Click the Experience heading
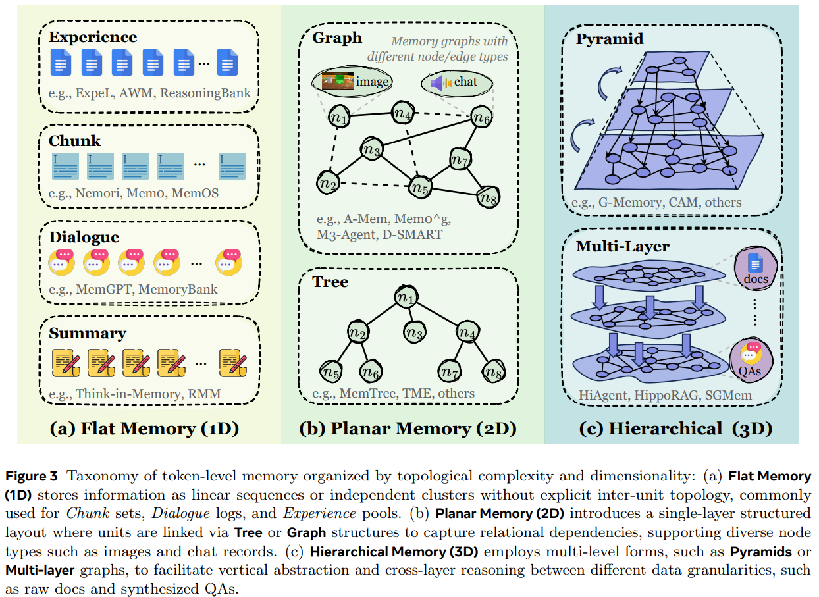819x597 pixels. click(93, 37)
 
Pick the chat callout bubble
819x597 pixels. click(458, 82)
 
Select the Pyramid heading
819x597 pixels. click(610, 39)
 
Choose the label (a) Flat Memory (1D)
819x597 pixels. click(144, 428)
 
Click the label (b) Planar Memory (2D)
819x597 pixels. click(408, 428)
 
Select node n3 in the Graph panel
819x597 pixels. click(371, 150)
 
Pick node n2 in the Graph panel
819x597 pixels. click(327, 182)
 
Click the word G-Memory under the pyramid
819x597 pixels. click(635, 201)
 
